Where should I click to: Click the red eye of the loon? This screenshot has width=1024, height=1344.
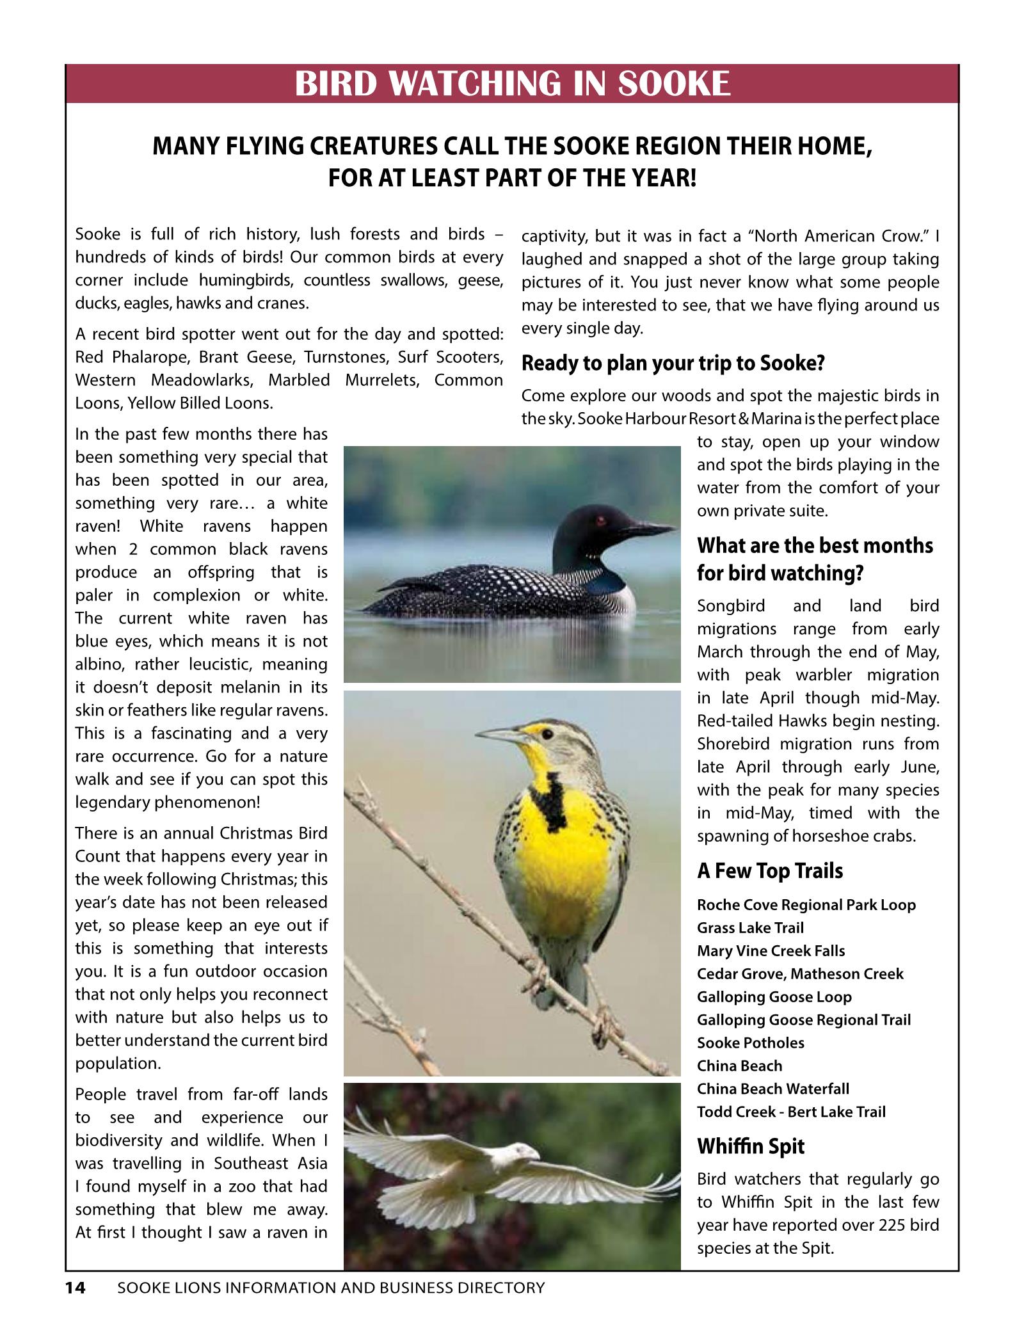(600, 520)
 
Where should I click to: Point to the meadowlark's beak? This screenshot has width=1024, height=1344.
(500, 733)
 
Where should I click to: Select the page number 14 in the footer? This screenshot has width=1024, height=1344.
(75, 1288)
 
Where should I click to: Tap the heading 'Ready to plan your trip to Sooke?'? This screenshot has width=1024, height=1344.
(673, 364)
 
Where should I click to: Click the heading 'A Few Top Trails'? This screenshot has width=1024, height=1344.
(769, 870)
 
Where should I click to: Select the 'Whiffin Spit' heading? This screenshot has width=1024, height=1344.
(750, 1146)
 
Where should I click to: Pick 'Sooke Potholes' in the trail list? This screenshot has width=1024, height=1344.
(750, 1043)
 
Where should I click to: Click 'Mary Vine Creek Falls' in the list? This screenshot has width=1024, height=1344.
(771, 950)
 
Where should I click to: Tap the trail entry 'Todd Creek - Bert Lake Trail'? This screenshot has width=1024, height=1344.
(791, 1112)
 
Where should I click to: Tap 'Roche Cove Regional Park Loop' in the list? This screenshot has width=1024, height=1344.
(806, 904)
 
